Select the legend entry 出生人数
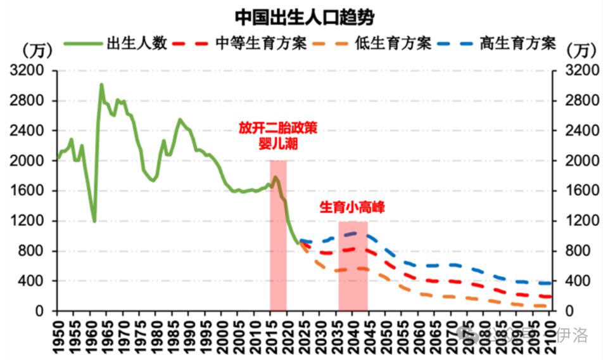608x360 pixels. [136, 43]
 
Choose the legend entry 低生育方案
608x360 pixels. [393, 43]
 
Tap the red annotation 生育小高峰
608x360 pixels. [352, 207]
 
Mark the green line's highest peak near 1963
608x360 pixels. [101, 84]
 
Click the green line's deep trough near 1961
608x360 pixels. [94, 221]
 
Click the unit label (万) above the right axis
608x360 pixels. [580, 48]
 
